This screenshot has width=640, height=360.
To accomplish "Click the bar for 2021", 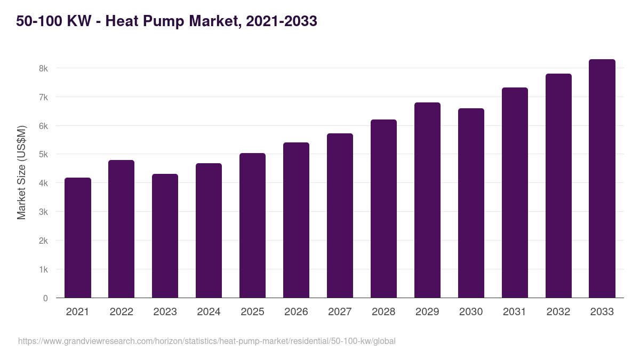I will (x=78, y=238).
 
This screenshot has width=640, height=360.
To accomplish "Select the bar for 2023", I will (x=165, y=236).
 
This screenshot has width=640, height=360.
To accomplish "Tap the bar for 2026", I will (x=296, y=220).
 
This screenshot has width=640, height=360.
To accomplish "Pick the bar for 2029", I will (x=427, y=200).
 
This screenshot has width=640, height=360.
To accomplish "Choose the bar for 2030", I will (x=471, y=203).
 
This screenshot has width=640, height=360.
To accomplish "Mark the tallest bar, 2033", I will (x=602, y=179).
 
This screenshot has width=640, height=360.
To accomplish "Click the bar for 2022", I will (x=121, y=229).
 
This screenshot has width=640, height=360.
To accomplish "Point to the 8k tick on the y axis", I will (x=43, y=68).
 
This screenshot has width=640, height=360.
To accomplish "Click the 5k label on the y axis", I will (x=43, y=155).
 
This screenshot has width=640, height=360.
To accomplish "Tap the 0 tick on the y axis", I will (x=45, y=298).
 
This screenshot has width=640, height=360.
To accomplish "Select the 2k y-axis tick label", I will (x=43, y=241).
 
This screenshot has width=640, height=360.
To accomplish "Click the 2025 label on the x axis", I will (x=252, y=312).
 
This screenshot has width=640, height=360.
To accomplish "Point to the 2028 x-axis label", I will (x=383, y=312).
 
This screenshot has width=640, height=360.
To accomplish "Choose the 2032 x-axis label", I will (x=558, y=312).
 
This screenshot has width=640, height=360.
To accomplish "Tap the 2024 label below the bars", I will (x=209, y=312).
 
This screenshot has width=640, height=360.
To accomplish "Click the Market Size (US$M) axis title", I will (x=21, y=172).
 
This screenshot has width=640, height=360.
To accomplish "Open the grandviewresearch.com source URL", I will (x=207, y=341).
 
